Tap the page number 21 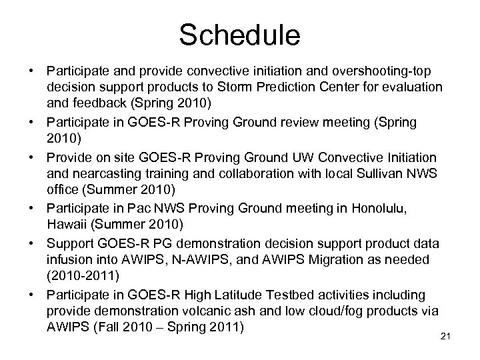pos(447,335)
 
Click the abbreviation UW pos(314,158)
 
